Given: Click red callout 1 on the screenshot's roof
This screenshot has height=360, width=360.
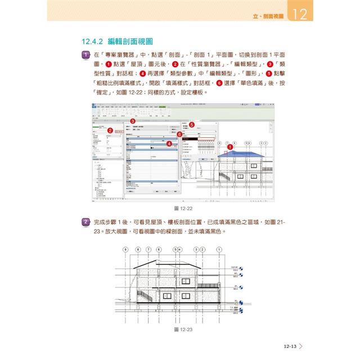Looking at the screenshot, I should [x=228, y=147].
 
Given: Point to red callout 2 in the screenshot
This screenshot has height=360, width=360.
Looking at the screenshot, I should [x=110, y=130].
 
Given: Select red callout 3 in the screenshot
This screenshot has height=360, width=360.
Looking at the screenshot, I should [x=132, y=121].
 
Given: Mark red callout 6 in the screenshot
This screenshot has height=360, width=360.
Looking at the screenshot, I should [x=179, y=134].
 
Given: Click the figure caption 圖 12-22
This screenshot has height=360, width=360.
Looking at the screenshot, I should [x=180, y=208].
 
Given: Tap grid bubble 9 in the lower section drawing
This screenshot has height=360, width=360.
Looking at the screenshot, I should [x=125, y=249].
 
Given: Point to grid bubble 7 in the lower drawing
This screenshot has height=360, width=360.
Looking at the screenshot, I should [x=148, y=249].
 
